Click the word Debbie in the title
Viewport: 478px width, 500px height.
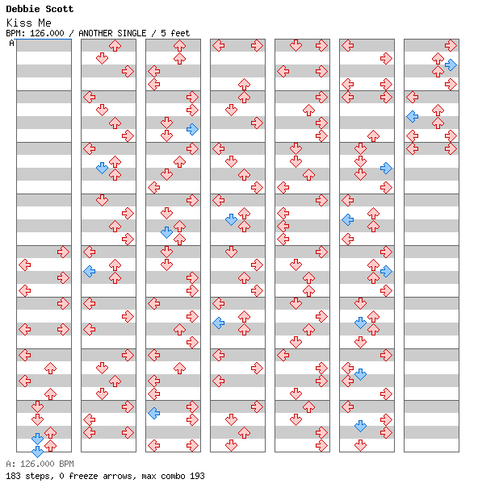(22, 9)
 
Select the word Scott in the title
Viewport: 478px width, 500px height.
(60, 9)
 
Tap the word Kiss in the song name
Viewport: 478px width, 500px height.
(19, 23)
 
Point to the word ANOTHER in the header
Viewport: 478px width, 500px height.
(95, 33)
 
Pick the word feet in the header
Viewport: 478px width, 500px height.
(180, 33)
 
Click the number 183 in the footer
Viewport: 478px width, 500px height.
(13, 476)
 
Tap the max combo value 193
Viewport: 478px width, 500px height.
(197, 476)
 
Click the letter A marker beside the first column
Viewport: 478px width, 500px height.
(12, 43)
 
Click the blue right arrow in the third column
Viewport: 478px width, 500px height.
(192, 129)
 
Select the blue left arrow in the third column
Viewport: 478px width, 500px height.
(154, 413)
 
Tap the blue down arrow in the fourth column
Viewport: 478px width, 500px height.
(231, 219)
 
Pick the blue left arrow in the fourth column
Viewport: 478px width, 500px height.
(218, 323)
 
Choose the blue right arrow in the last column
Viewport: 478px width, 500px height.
(451, 65)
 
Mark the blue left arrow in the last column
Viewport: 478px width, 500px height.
(413, 116)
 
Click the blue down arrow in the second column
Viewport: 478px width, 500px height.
(103, 168)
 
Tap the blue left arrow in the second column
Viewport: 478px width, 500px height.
(90, 271)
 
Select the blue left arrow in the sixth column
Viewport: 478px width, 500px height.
(348, 219)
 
